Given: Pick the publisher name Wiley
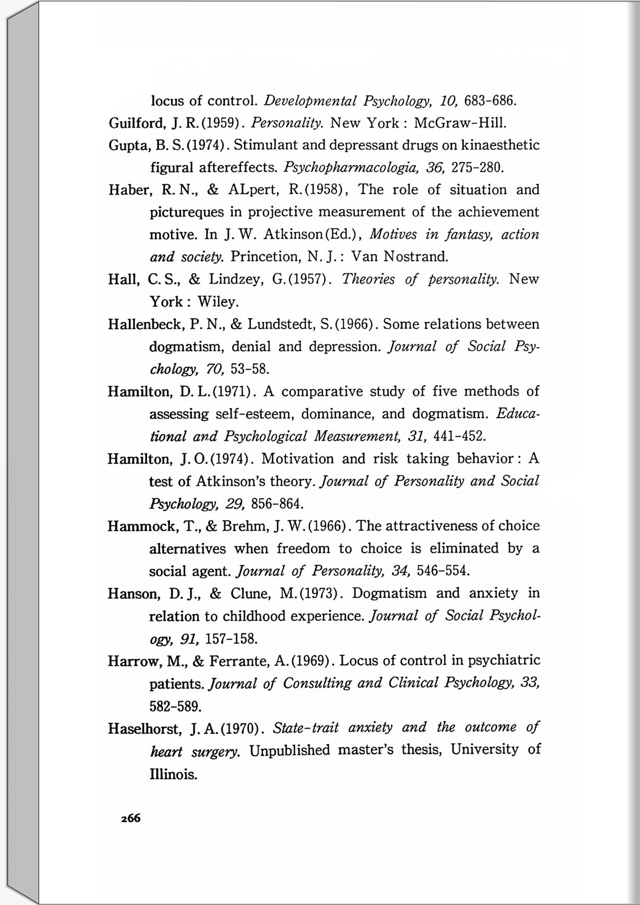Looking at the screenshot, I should coord(218,302).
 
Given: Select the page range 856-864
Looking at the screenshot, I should coord(277,504).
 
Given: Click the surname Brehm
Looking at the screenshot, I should coord(243,526).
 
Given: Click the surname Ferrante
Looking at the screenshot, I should coord(239,661).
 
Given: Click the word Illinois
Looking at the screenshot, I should coord(173,774).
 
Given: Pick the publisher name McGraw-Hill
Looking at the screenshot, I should coord(460,123).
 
